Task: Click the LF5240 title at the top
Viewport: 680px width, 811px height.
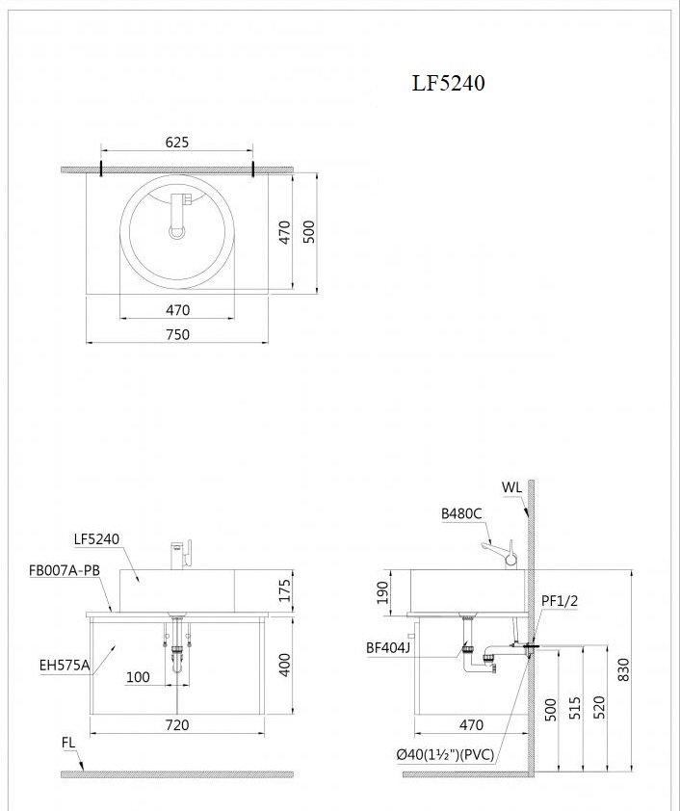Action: (x=448, y=84)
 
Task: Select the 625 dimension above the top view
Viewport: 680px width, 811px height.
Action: (x=176, y=143)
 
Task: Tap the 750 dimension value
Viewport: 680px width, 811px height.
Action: (x=177, y=334)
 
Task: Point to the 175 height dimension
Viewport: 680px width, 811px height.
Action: (x=284, y=590)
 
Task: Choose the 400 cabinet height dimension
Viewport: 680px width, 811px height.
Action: (x=284, y=665)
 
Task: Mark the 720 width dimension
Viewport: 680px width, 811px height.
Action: (x=177, y=724)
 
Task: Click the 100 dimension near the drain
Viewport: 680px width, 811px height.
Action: (x=138, y=677)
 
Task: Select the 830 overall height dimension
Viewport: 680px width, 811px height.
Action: (x=623, y=669)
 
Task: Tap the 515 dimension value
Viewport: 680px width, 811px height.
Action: (x=575, y=710)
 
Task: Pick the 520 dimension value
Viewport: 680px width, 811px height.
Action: (x=599, y=710)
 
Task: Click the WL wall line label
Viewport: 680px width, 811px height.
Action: (x=511, y=487)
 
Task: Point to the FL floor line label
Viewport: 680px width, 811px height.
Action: (x=68, y=743)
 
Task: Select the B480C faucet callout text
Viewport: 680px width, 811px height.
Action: (x=461, y=514)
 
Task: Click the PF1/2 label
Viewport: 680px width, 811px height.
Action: (x=559, y=601)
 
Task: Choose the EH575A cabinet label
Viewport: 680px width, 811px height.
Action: (x=65, y=665)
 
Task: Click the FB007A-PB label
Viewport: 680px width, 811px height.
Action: (x=65, y=570)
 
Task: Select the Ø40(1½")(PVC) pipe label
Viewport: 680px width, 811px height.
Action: (x=445, y=755)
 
